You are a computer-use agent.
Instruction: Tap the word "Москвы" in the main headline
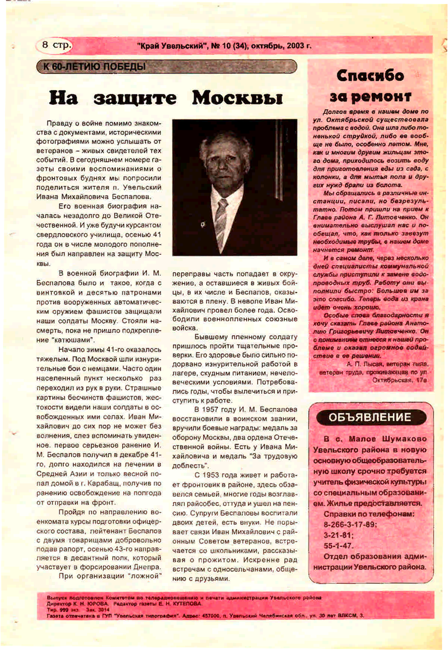[237, 97]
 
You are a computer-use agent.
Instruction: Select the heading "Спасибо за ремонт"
[370, 85]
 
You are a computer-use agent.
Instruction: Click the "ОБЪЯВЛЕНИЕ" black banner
[370, 417]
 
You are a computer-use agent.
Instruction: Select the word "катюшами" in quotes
[77, 340]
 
